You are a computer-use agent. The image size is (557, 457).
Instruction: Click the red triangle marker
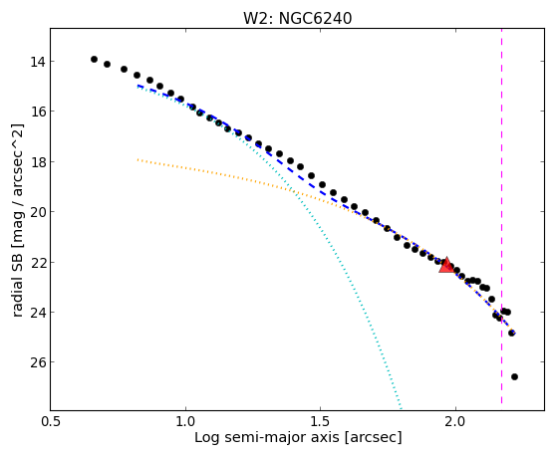[x=446, y=265]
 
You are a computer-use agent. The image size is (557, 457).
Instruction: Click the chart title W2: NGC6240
[x=297, y=19]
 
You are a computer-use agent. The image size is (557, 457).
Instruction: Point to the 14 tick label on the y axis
[x=38, y=62]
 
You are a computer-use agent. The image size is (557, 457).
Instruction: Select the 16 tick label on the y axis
[x=38, y=112]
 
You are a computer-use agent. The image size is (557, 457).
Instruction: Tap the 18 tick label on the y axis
[x=38, y=162]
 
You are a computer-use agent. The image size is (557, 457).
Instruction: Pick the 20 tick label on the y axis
[x=38, y=212]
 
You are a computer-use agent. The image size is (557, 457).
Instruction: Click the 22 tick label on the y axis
[x=38, y=263]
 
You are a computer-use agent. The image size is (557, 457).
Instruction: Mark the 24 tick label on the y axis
[x=38, y=313]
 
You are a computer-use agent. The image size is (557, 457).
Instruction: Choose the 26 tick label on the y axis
[x=38, y=362]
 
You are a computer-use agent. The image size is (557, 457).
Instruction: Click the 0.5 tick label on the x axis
[x=51, y=421]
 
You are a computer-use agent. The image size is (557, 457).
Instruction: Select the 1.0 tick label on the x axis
[x=185, y=421]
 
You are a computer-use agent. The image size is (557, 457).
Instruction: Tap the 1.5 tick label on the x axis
[x=321, y=421]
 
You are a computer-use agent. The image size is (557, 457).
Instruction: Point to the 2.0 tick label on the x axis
[x=455, y=421]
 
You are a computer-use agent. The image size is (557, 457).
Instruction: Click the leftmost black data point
[x=94, y=60]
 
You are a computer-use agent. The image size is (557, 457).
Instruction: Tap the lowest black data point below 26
[x=514, y=376]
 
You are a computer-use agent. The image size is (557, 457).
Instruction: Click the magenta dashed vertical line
[x=501, y=216]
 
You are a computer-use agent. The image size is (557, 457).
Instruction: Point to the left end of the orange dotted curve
[x=138, y=159]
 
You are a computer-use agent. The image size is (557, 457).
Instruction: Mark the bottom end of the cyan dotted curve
[x=401, y=407]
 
